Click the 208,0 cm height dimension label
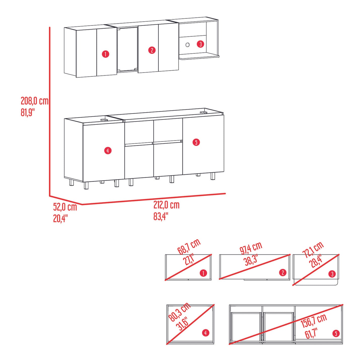coord(35,101)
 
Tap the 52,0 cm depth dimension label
coord(65,207)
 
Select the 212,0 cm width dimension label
coord(167,205)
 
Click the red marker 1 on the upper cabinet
coord(105,54)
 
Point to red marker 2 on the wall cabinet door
coord(152,50)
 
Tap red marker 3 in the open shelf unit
coord(201,44)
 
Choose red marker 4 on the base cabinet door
coord(108,151)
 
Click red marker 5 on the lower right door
coord(196,142)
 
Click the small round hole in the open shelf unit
coord(188,45)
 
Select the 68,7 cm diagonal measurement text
coord(189,247)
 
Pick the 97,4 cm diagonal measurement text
coord(251,248)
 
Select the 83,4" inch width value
coord(160,216)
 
